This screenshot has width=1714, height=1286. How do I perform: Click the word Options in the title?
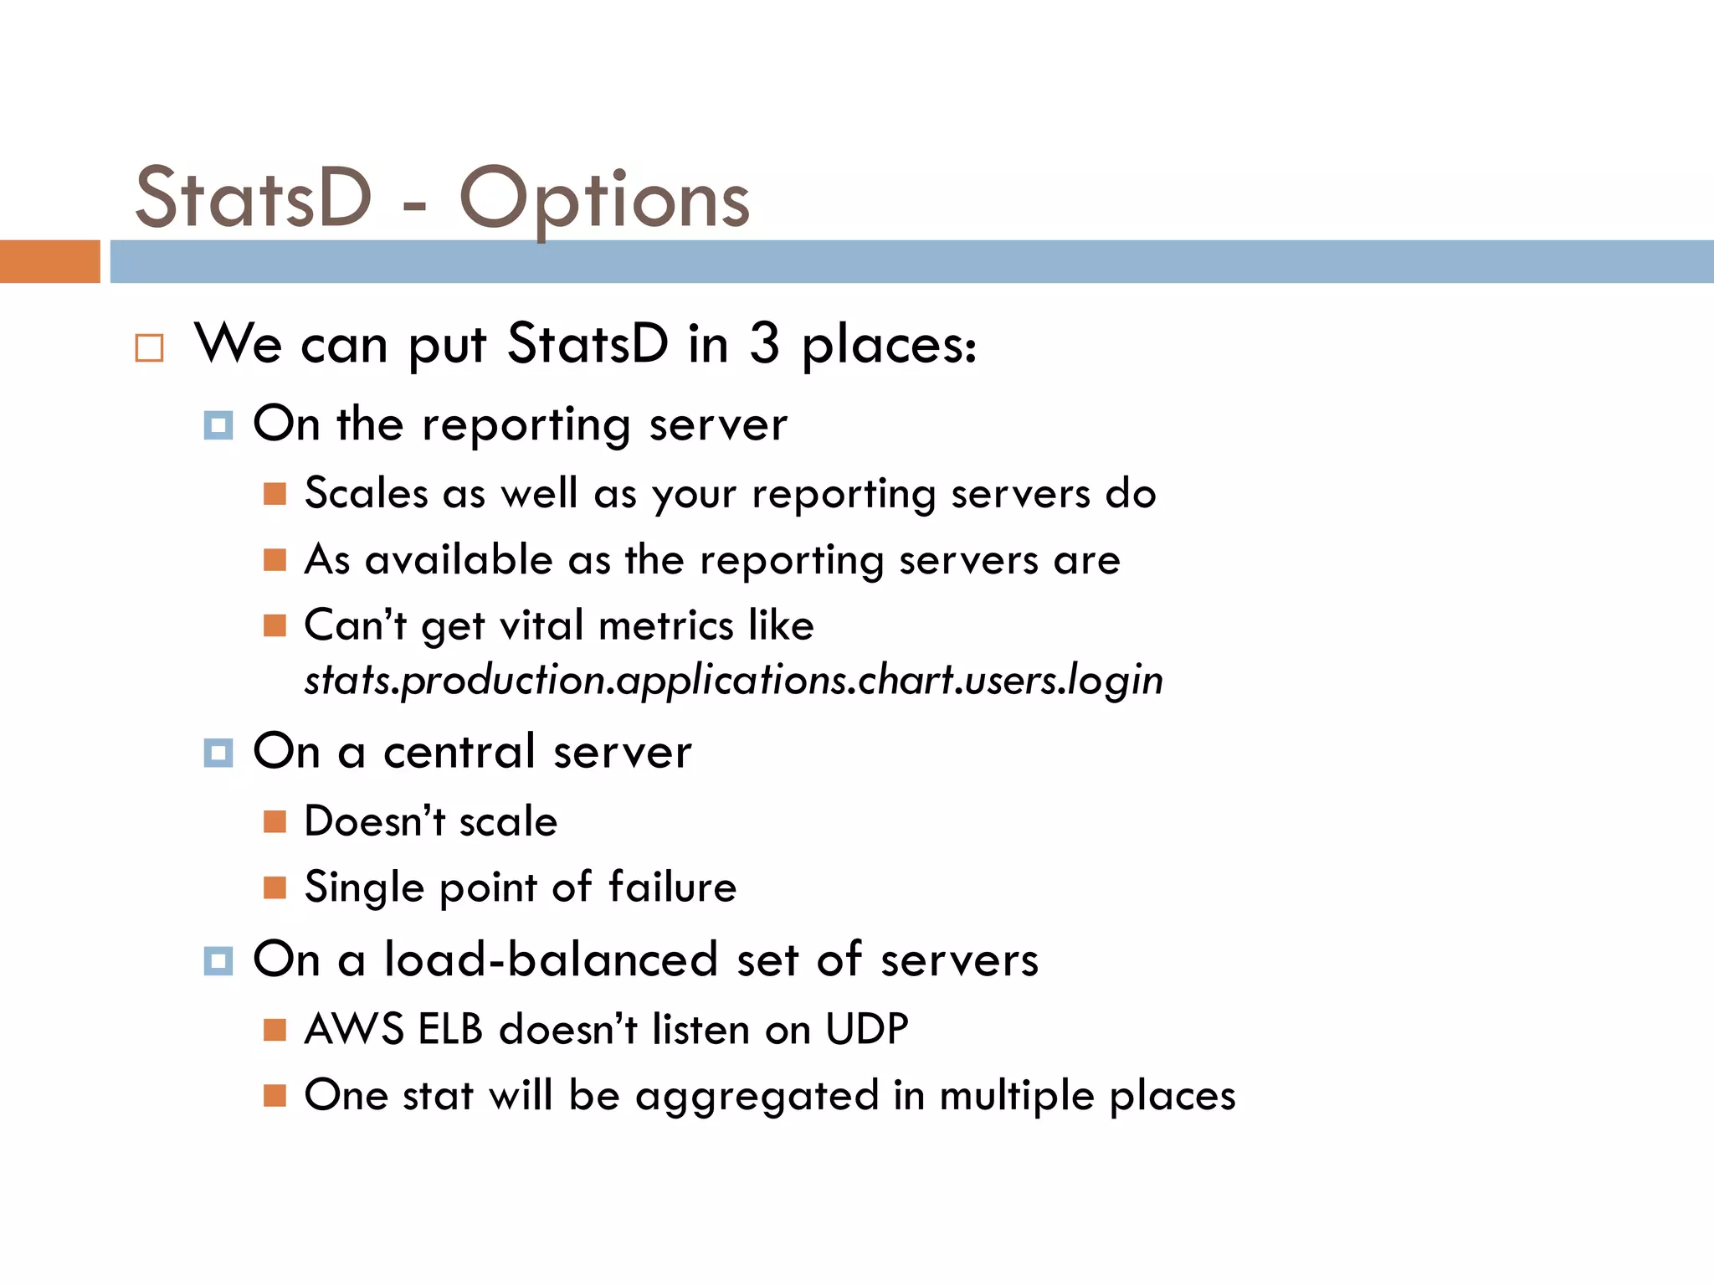click(x=604, y=199)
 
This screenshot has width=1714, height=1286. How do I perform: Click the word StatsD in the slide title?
click(x=253, y=199)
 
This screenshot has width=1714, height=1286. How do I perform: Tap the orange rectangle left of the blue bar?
click(x=49, y=261)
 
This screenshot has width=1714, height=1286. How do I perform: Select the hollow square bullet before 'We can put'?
click(x=149, y=347)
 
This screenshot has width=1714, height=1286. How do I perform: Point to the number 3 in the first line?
click(x=763, y=343)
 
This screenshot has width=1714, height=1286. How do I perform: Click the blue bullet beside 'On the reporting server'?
click(x=218, y=425)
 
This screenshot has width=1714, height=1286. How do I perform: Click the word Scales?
click(x=366, y=492)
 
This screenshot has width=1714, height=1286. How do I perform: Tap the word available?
click(x=459, y=559)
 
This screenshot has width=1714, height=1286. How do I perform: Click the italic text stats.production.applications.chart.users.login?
click(x=733, y=680)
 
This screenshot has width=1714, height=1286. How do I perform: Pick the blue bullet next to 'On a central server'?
click(x=218, y=753)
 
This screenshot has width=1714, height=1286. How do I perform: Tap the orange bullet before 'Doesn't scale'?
click(x=275, y=821)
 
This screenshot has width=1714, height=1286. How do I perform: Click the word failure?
click(x=672, y=887)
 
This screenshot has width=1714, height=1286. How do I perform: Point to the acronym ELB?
click(x=450, y=1029)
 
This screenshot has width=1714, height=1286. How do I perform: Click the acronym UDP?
click(x=867, y=1029)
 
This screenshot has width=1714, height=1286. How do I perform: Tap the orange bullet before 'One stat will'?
click(x=275, y=1095)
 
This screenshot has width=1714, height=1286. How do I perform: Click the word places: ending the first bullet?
click(x=889, y=345)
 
